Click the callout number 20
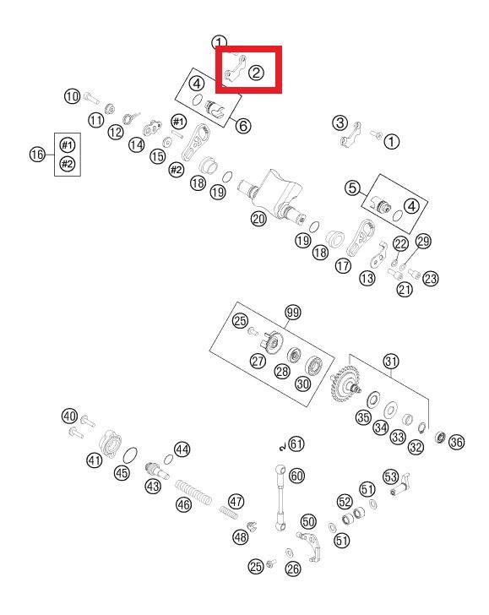click(258, 219)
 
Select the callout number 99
click(293, 313)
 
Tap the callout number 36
click(456, 442)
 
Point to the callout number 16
click(38, 154)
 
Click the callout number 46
click(183, 504)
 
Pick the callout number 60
click(296, 476)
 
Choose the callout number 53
click(390, 477)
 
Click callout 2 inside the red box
click(257, 73)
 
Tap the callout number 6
click(243, 126)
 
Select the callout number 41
click(94, 460)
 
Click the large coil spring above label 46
click(193, 493)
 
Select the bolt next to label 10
click(91, 97)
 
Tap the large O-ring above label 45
click(130, 455)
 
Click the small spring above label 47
click(228, 512)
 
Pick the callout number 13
click(367, 278)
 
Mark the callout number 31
click(391, 362)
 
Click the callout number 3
click(340, 122)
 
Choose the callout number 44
click(182, 449)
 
